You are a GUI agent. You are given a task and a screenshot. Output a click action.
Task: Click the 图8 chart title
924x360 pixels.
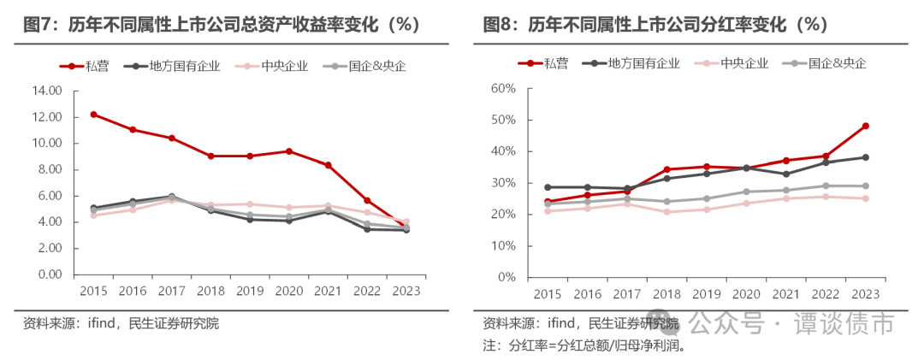[x=655, y=24]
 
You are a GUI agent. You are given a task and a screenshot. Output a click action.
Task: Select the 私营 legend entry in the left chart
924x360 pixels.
[x=89, y=65]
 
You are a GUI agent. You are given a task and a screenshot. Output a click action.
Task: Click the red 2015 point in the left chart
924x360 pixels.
[x=93, y=114]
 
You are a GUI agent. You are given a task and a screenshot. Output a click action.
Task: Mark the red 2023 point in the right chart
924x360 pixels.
[x=866, y=126]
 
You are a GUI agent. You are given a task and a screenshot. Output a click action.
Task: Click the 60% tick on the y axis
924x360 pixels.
[x=502, y=88]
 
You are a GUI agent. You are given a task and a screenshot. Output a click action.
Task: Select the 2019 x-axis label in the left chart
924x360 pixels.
[x=249, y=291]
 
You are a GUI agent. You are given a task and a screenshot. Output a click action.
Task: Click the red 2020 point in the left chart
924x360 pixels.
[x=288, y=150]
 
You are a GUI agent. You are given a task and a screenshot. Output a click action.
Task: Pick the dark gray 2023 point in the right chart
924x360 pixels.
[x=866, y=157]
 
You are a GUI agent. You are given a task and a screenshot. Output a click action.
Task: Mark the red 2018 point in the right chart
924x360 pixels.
[x=665, y=169]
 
